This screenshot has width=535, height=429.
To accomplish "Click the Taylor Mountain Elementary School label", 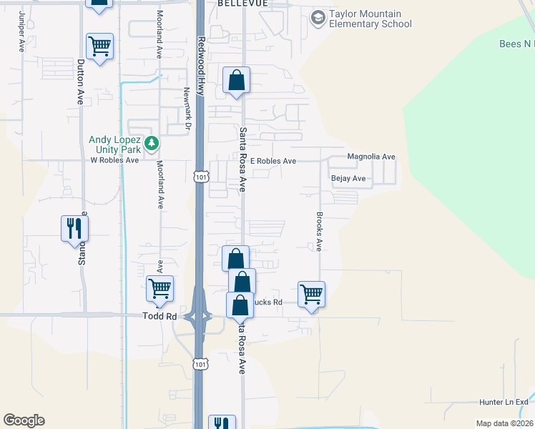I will tap(370, 19).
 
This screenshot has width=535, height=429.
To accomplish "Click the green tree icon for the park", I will tap(151, 144).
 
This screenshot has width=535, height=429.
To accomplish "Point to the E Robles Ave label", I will tap(273, 162).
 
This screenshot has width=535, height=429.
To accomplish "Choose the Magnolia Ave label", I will tap(370, 157).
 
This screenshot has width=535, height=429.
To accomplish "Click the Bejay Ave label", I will tap(348, 178).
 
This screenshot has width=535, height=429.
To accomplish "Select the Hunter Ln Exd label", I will tap(503, 403).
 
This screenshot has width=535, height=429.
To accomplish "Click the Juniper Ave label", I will tap(21, 31).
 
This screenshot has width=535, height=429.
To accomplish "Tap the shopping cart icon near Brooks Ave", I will tap(311, 293).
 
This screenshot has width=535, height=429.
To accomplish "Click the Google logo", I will tap(24, 420).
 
